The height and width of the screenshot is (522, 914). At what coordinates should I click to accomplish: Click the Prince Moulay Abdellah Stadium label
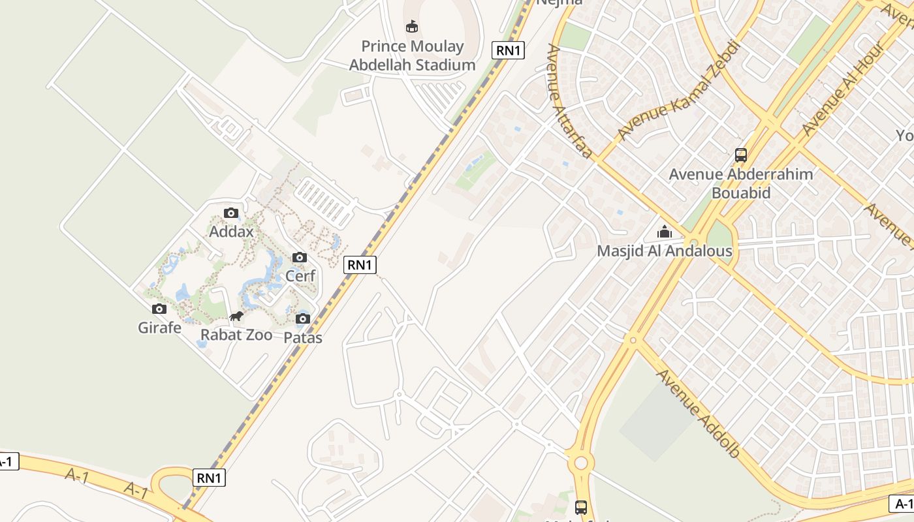tap(412, 55)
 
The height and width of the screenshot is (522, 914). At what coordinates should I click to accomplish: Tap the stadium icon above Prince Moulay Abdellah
tap(412, 27)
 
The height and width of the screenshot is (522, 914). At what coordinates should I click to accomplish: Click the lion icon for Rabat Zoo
tap(236, 317)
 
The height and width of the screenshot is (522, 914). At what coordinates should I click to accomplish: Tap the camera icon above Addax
tap(231, 213)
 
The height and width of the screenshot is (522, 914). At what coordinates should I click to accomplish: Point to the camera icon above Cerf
tap(300, 257)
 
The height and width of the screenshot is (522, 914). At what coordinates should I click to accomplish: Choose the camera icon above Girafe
tap(159, 309)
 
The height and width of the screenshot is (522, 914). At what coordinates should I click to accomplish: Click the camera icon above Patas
tap(303, 318)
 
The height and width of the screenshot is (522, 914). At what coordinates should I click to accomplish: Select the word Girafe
tap(159, 328)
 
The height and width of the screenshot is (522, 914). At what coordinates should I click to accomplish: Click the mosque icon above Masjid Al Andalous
tap(665, 232)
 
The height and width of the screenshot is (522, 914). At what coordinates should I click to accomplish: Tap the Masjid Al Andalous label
tap(665, 251)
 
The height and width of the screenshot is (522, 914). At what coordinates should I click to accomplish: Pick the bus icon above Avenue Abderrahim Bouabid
tap(741, 155)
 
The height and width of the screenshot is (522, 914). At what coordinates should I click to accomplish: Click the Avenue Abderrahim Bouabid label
tap(741, 183)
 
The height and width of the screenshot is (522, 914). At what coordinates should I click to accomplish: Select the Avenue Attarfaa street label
tap(570, 101)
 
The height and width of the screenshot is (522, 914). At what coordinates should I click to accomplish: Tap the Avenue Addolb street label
tap(698, 413)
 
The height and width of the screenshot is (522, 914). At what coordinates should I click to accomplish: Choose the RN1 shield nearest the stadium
tap(508, 50)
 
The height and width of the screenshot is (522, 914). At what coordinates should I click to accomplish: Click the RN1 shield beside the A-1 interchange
tap(210, 478)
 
